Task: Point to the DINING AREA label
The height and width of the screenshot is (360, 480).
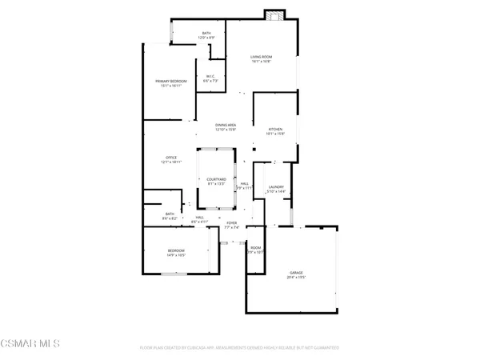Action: (x=226, y=125)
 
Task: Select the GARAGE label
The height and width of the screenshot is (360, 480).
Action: (x=297, y=273)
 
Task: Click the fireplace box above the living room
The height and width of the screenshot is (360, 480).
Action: (x=274, y=16)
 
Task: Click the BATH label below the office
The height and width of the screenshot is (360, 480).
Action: (x=170, y=214)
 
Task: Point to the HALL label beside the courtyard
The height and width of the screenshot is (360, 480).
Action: (x=244, y=184)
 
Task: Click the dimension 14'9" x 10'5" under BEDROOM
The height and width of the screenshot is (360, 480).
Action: (x=177, y=255)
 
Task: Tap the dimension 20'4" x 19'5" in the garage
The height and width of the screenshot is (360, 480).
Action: (x=297, y=278)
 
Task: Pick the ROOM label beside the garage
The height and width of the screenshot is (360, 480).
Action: (x=255, y=247)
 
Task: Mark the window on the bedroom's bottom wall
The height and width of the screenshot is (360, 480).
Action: (x=177, y=274)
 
